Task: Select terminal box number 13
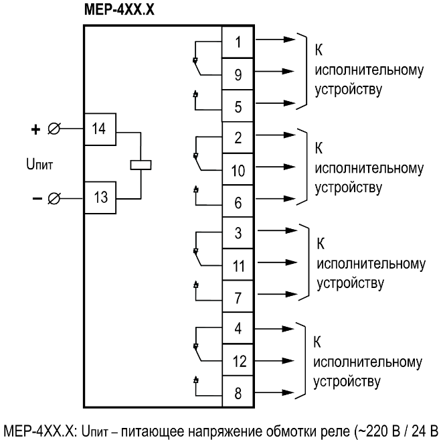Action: (x=99, y=197)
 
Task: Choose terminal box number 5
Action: (x=238, y=105)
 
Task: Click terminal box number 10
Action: (x=238, y=169)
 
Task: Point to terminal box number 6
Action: (x=238, y=201)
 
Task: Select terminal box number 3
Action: (x=238, y=233)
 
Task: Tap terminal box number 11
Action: (x=238, y=265)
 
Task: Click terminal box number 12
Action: (x=238, y=362)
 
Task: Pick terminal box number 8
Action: (x=238, y=392)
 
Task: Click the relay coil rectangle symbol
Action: (x=140, y=164)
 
